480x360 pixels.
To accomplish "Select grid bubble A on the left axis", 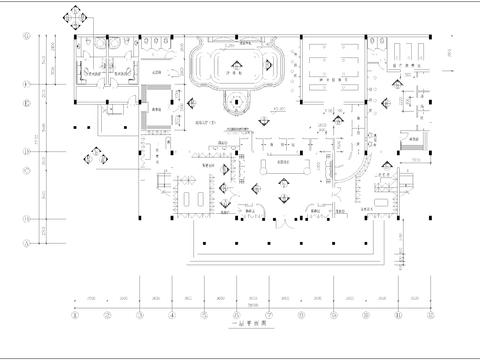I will click(x=27, y=243).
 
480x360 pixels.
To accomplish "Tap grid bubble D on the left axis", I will click(x=27, y=149).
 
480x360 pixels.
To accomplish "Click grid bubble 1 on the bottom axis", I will click(x=74, y=313).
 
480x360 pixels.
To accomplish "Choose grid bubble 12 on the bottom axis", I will click(x=431, y=313).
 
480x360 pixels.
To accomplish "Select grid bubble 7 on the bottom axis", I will click(x=270, y=313).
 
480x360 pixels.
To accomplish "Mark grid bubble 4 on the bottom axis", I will click(x=172, y=313).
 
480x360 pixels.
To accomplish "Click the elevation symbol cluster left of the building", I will click(x=97, y=158).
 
